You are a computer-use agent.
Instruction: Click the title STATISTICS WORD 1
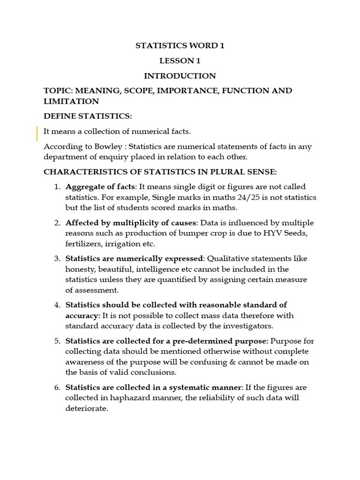click(177, 46)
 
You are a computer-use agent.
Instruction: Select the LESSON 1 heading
click(177, 61)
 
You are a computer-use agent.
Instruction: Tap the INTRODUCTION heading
click(180, 76)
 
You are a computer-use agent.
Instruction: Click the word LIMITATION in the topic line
click(71, 101)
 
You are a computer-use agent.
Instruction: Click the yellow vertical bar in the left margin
click(37, 134)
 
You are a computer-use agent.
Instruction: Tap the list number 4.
click(57, 305)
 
